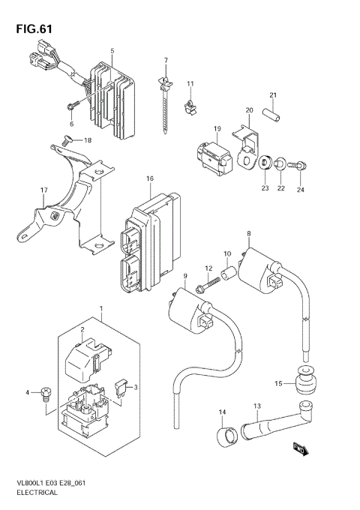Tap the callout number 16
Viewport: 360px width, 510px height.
point(150,178)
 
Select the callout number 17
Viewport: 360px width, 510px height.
point(22,190)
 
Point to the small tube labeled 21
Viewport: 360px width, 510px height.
point(275,115)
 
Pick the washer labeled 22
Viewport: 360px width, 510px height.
point(280,162)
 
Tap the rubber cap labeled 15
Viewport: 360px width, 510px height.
point(304,384)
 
